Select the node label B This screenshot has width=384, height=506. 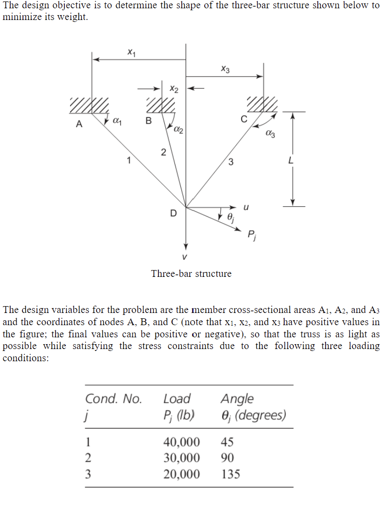(149, 120)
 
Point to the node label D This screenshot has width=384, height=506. (173, 213)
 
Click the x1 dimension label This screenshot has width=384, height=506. (131, 51)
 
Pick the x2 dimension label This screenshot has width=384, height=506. (174, 89)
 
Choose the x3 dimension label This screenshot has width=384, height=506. (225, 69)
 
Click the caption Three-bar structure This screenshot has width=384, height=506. (191, 273)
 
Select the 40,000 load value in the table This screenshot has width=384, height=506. (181, 442)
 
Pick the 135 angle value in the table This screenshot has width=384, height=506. (230, 474)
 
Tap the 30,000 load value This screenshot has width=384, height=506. (181, 458)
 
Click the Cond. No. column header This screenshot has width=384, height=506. (114, 399)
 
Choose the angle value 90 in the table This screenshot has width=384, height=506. (227, 458)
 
